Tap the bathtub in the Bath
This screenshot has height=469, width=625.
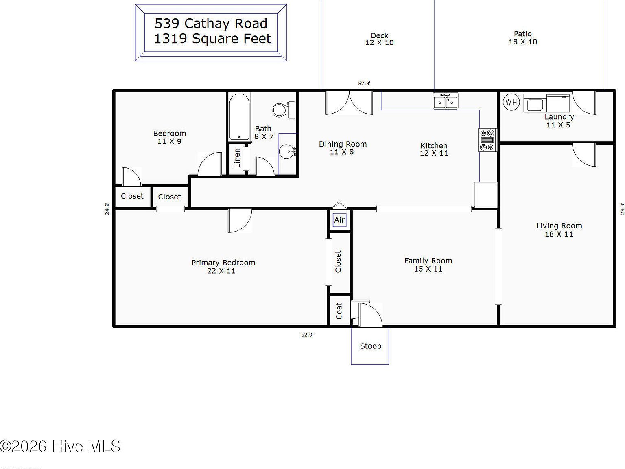(x=239, y=117)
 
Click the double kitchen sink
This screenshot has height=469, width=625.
(x=446, y=101)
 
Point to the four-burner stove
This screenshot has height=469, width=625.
(x=487, y=140)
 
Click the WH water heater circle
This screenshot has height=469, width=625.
(x=511, y=102)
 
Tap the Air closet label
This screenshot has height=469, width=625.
(x=339, y=220)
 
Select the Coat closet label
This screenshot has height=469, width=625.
(x=339, y=311)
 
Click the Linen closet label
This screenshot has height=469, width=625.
(x=237, y=158)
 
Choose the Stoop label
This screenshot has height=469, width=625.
(x=370, y=346)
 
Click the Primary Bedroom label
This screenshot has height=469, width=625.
(x=223, y=263)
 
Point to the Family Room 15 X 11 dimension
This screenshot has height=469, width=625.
(x=428, y=269)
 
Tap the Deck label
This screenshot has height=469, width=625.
(x=379, y=35)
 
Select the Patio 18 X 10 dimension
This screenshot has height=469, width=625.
(x=522, y=42)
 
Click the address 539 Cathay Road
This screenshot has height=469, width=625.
(x=211, y=24)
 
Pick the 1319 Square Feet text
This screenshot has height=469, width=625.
(x=212, y=39)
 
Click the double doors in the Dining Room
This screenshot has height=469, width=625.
(x=349, y=102)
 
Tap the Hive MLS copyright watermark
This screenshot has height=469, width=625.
(x=60, y=446)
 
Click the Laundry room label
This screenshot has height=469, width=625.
(x=559, y=117)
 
